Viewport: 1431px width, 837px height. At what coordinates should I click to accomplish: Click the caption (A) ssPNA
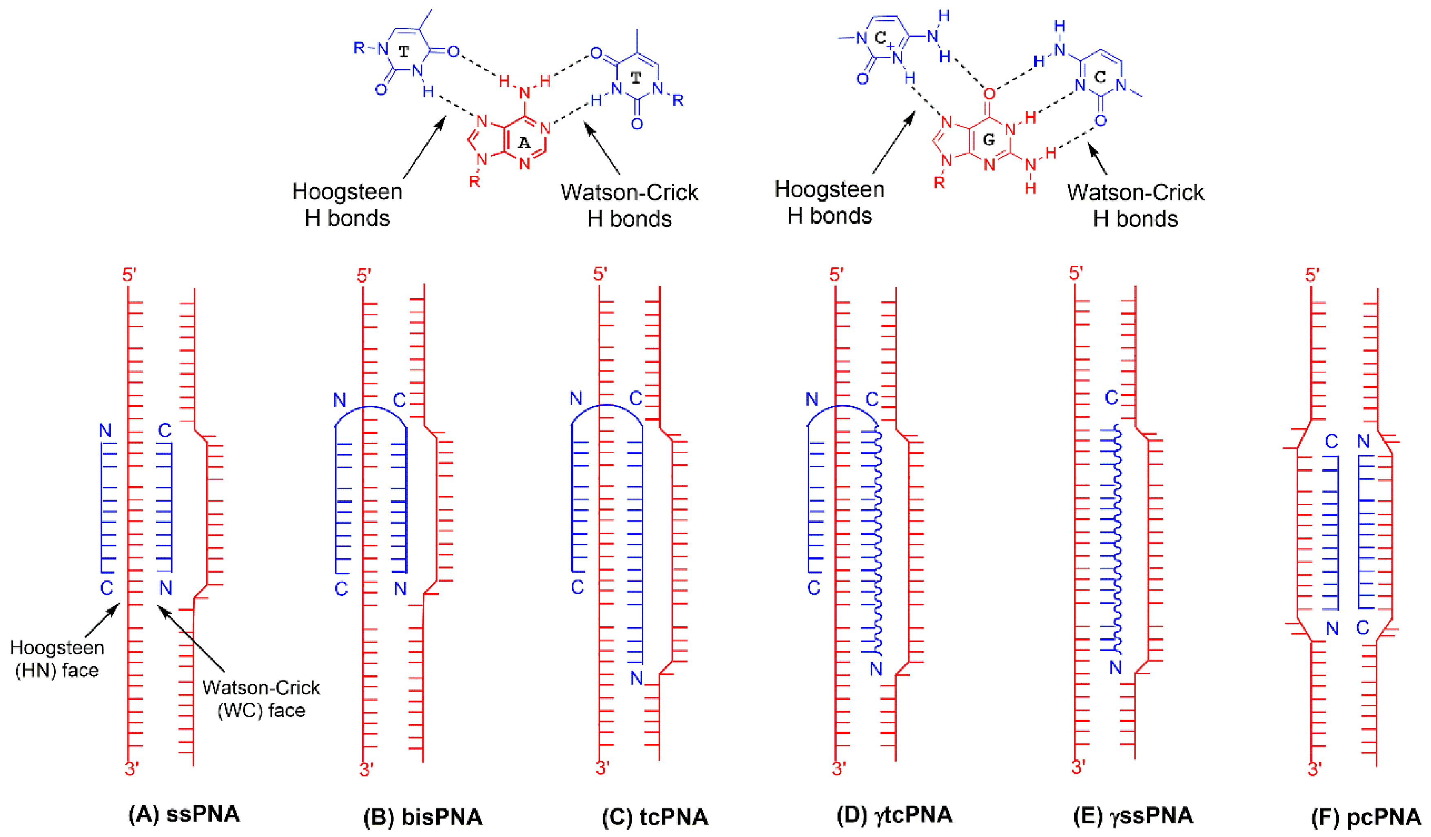(x=184, y=814)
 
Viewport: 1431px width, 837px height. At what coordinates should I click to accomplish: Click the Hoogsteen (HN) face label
(x=57, y=659)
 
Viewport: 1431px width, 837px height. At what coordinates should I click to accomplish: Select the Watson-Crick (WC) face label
(x=261, y=698)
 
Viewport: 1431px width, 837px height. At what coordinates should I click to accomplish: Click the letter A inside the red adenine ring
(x=523, y=142)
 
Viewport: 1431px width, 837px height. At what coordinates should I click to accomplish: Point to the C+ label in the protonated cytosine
(x=884, y=39)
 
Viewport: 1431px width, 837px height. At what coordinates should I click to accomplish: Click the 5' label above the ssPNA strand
(x=129, y=275)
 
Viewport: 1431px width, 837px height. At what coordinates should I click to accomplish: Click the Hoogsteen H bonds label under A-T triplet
(x=347, y=204)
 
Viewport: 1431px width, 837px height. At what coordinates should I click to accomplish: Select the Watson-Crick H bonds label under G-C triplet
(x=1135, y=206)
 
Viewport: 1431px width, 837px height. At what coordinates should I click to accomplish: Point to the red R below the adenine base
(x=474, y=182)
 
